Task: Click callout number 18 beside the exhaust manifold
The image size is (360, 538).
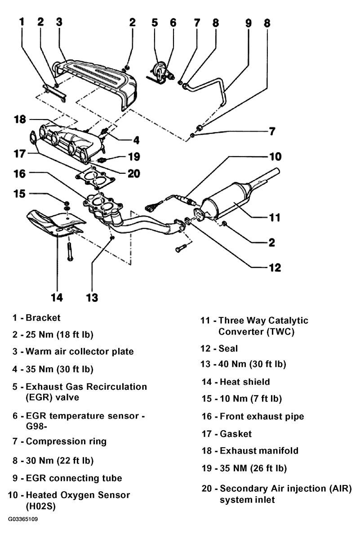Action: pyautogui.click(x=20, y=119)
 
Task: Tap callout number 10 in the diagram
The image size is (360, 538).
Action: pyautogui.click(x=275, y=157)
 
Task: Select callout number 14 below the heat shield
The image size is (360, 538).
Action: pyautogui.click(x=57, y=297)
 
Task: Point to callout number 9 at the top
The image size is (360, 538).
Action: pyautogui.click(x=249, y=23)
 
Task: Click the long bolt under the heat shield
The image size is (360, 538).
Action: pyautogui.click(x=70, y=252)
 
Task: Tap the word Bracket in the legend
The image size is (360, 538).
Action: pyautogui.click(x=43, y=318)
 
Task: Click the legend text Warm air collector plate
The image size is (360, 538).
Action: pyautogui.click(x=80, y=351)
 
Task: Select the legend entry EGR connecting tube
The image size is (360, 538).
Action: pyautogui.click(x=74, y=478)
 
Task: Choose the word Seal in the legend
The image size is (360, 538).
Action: pyautogui.click(x=228, y=348)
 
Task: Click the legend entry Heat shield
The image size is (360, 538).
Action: pyautogui.click(x=245, y=382)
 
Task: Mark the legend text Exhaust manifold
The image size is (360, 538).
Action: pyautogui.click(x=259, y=450)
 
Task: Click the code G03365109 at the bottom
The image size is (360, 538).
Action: pyautogui.click(x=23, y=519)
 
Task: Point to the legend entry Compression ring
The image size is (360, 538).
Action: pyautogui.click(x=67, y=441)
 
